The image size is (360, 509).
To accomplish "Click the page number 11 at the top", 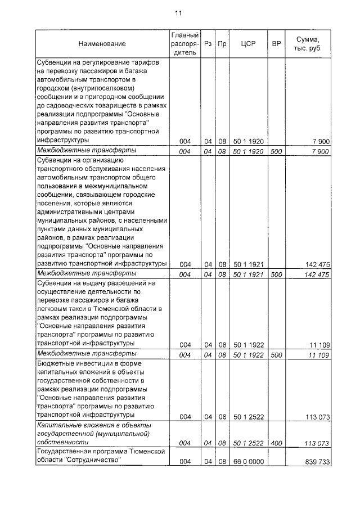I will [178, 13].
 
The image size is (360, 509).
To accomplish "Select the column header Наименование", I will [102, 44].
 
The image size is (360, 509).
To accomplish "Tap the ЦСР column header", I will [248, 44].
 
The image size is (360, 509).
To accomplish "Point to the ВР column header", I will [276, 44].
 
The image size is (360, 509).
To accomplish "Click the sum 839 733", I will [314, 461].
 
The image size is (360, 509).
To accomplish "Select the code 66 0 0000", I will [248, 461].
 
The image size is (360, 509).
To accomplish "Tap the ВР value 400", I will [276, 443].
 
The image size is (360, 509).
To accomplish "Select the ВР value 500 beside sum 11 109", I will [276, 355].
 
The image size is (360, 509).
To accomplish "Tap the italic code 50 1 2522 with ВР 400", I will [248, 443].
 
